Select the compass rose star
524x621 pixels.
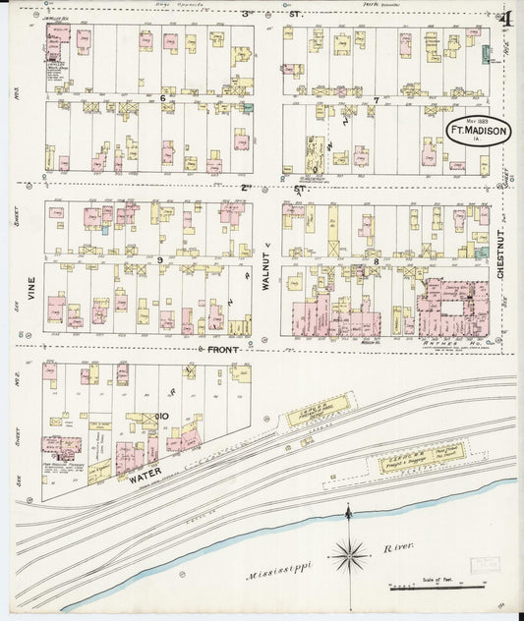coord(348,556)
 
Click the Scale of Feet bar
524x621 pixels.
coord(437,588)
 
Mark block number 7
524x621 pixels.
coord(376,99)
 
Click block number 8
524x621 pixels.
coord(376,260)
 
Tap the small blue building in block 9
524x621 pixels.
coord(105,231)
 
